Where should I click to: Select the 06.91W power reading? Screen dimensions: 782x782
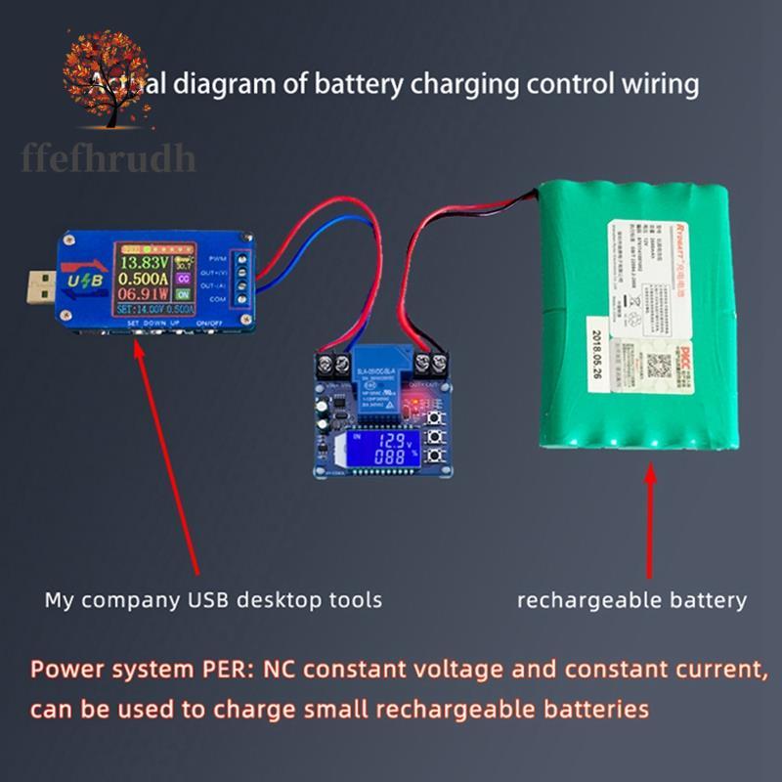[145, 293]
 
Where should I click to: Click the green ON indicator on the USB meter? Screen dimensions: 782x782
[183, 293]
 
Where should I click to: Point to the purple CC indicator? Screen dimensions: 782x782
[183, 278]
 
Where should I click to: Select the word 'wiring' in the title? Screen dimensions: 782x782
[663, 84]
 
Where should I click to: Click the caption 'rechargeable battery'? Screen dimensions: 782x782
[631, 599]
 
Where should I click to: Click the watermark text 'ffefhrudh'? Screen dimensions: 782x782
[109, 156]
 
